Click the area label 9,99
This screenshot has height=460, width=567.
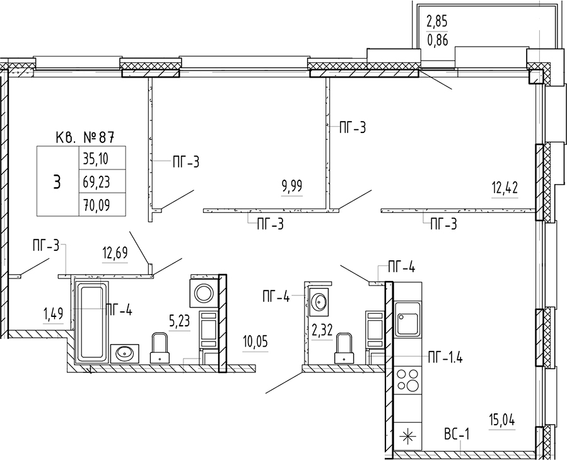pyautogui.click(x=291, y=187)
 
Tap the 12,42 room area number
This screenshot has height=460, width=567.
pyautogui.click(x=505, y=188)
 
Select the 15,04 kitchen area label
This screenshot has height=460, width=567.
pyautogui.click(x=501, y=421)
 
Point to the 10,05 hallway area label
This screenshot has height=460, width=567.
pyautogui.click(x=255, y=342)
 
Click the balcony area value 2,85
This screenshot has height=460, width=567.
pyautogui.click(x=437, y=21)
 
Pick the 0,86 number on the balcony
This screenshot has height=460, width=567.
pyautogui.click(x=437, y=40)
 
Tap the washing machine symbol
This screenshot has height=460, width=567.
pyautogui.click(x=204, y=292)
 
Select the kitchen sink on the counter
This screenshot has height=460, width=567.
pyautogui.click(x=408, y=319)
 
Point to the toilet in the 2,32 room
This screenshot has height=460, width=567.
pyautogui.click(x=344, y=348)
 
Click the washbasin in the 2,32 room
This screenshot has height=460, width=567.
pyautogui.click(x=319, y=301)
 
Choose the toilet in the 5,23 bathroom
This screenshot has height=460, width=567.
pyautogui.click(x=160, y=348)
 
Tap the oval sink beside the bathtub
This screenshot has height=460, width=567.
pyautogui.click(x=125, y=353)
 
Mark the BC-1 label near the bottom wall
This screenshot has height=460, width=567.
pyautogui.click(x=457, y=434)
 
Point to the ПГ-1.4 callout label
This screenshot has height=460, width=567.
pyautogui.click(x=445, y=358)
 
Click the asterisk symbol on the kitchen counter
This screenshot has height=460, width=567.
pyautogui.click(x=408, y=437)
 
